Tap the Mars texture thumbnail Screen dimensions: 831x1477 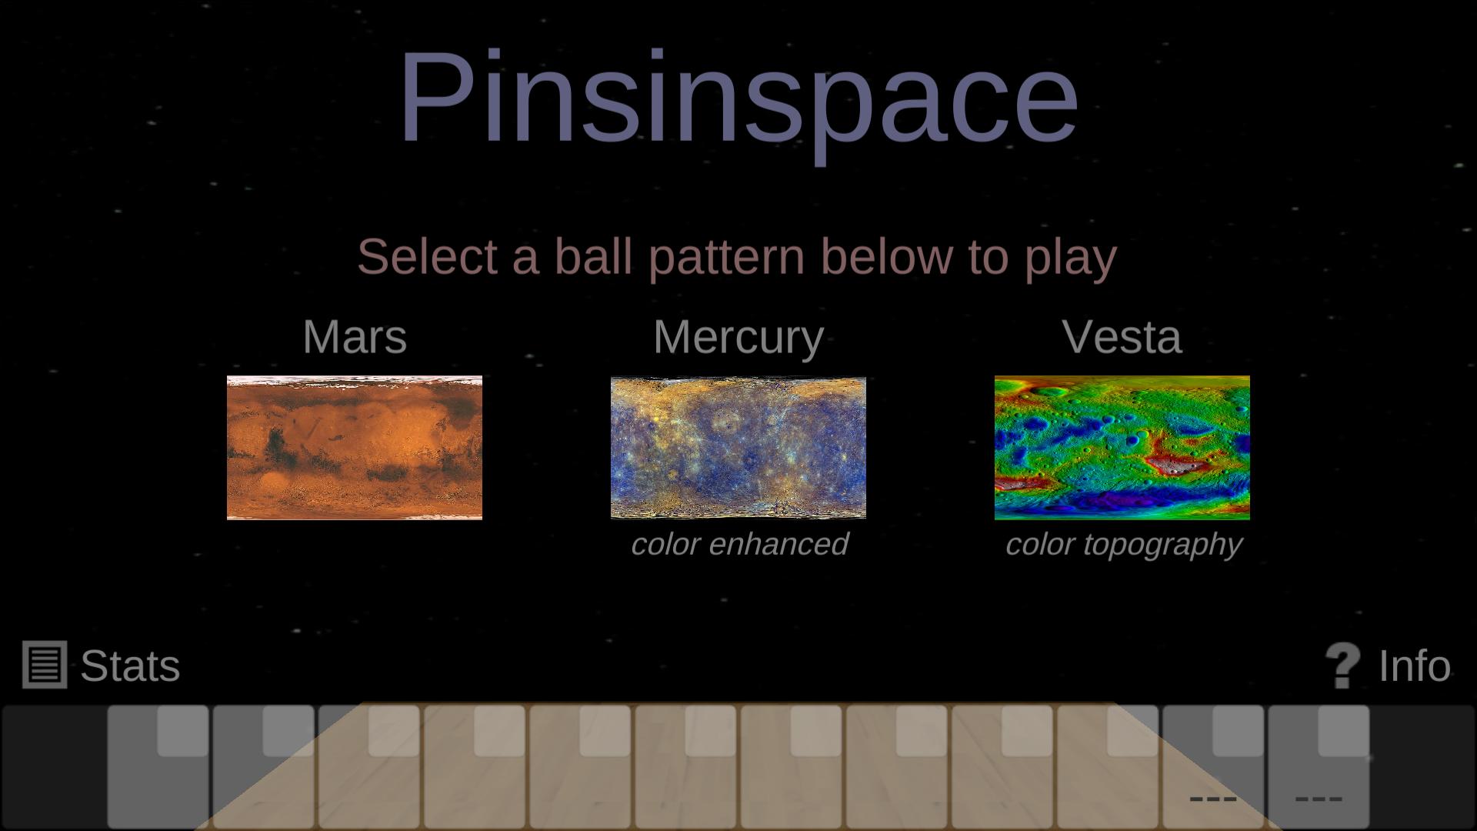[x=355, y=448]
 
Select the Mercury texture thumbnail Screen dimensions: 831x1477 [x=738, y=448]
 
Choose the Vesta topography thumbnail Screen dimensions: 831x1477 [x=1122, y=448]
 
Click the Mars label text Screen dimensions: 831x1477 [x=355, y=337]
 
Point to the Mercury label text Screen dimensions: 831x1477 [x=738, y=337]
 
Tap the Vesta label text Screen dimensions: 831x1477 [x=1122, y=337]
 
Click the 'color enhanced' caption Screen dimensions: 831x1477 [x=739, y=544]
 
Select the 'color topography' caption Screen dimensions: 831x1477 [x=1123, y=544]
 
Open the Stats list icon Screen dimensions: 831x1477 [x=45, y=665]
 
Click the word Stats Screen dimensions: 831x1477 [x=130, y=666]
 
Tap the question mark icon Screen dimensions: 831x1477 [x=1343, y=666]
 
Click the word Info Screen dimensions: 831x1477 [x=1414, y=666]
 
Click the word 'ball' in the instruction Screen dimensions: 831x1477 [x=593, y=256]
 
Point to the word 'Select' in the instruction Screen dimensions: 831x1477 [x=427, y=256]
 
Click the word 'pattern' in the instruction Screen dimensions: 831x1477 [x=726, y=256]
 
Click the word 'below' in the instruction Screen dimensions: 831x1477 [x=886, y=256]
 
